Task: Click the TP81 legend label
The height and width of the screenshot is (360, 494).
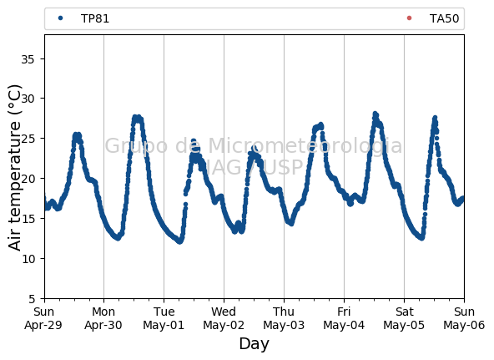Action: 95,18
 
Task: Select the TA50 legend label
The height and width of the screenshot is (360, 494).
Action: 444,18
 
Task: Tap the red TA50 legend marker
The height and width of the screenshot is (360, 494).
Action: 409,18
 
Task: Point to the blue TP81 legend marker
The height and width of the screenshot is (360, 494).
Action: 60,18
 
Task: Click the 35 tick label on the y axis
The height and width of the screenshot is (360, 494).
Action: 28,59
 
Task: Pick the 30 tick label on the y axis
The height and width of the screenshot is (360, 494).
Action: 28,99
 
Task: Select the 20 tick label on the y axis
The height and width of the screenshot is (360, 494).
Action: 28,179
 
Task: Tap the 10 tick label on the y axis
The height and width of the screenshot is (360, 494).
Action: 28,259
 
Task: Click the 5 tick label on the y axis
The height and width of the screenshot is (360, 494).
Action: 31,299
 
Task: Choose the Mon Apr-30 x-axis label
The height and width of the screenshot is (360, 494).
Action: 103,318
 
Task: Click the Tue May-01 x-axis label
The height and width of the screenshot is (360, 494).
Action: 164,318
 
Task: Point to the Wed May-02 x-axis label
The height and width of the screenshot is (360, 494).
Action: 224,318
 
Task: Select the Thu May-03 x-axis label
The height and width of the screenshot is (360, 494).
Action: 284,318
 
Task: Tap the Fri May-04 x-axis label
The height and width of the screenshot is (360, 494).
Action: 344,318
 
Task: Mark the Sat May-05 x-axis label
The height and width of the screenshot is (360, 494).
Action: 404,318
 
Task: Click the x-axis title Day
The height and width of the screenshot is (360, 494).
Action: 255,344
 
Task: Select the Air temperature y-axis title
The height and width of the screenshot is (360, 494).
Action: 14,168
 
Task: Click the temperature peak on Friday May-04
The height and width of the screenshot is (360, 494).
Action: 375,114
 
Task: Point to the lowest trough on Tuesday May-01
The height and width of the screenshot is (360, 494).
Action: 179,241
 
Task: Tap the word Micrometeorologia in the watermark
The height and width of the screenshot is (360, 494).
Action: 305,145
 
